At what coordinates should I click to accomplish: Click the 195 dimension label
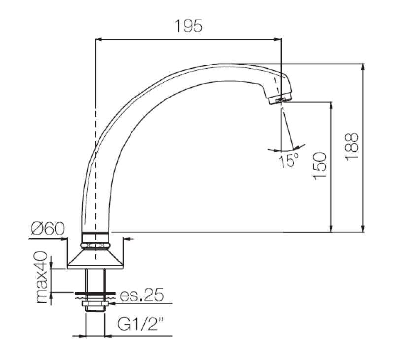pos(188,26)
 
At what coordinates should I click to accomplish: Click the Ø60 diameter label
pos(47,229)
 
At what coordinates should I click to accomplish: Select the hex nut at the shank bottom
pos(94,307)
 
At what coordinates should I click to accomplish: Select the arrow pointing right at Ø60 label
pos(64,239)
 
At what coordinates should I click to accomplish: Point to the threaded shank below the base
pos(94,281)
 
